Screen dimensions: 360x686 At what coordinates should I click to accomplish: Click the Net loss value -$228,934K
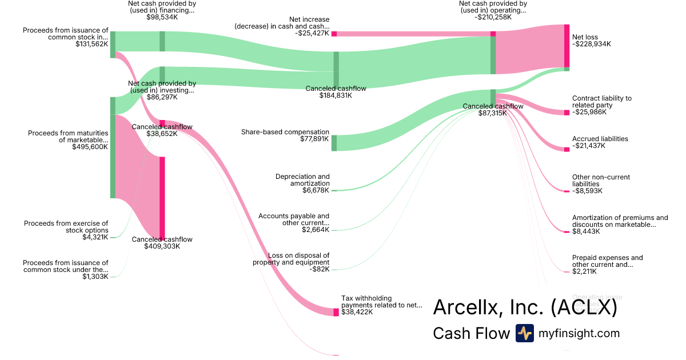[592, 44]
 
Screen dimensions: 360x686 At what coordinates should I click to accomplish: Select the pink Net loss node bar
[567, 46]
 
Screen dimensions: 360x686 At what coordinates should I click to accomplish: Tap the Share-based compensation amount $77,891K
[314, 139]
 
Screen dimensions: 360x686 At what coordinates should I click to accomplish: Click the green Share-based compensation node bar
[334, 143]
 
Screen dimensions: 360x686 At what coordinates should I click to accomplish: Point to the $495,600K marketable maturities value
[90, 147]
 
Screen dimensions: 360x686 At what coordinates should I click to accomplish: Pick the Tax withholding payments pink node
[336, 312]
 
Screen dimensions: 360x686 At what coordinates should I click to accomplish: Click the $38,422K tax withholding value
[357, 312]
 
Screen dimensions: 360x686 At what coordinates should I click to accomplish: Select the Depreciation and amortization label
[302, 180]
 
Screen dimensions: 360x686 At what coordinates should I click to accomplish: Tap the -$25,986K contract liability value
[589, 112]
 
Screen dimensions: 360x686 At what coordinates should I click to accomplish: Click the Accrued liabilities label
[600, 139]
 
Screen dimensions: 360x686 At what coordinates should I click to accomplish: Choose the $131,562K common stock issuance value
[91, 43]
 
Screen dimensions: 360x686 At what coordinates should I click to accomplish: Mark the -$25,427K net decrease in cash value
[312, 33]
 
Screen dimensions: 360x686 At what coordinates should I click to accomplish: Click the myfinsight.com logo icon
[524, 333]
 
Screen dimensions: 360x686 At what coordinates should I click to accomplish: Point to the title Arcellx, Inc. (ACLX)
[525, 307]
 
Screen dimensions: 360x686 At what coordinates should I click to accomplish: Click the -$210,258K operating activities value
[493, 17]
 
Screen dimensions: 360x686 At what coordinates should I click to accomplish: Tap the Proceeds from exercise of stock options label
[66, 227]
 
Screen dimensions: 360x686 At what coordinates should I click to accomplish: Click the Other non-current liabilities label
[601, 181]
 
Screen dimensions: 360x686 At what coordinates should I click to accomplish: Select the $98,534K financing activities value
[162, 17]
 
